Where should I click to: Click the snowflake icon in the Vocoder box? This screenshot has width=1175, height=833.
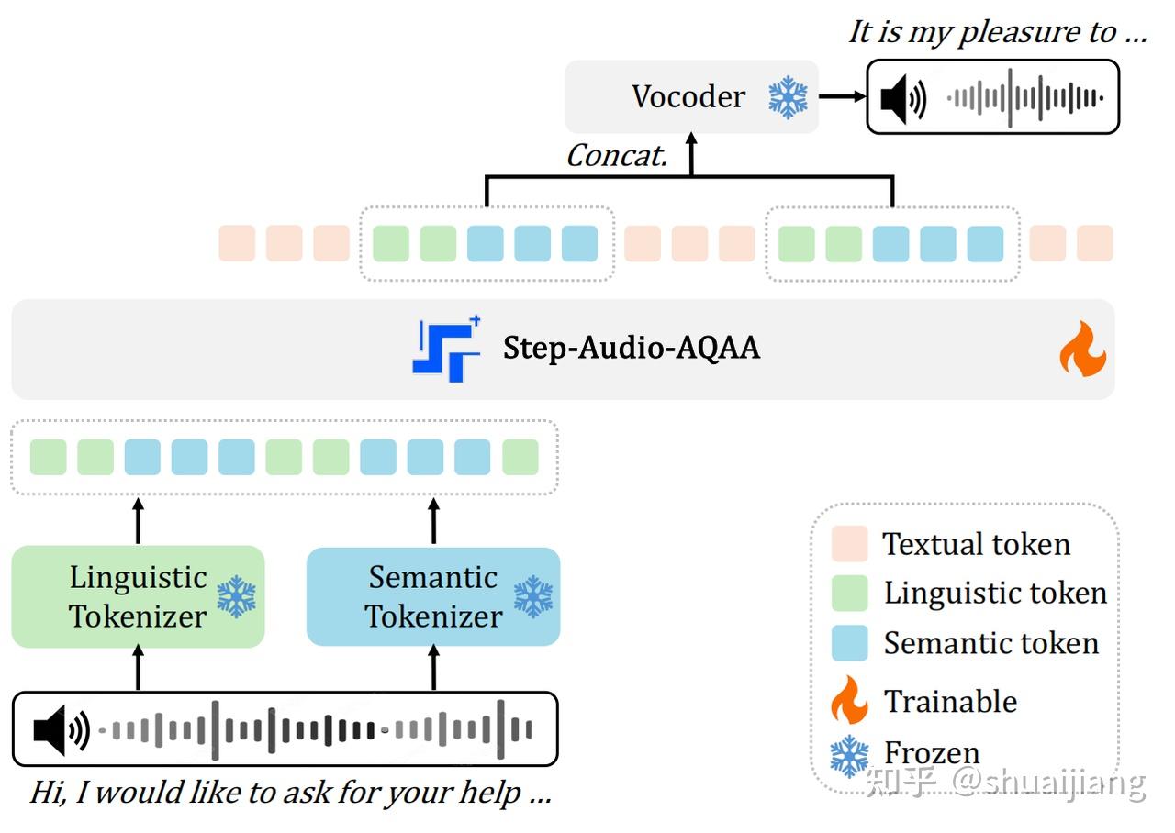(788, 96)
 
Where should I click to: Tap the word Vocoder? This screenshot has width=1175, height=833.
(688, 96)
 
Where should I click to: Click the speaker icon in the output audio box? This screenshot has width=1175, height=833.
(902, 97)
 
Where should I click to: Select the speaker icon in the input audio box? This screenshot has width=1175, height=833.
(61, 730)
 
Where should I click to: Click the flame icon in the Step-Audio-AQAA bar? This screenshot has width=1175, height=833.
(1082, 349)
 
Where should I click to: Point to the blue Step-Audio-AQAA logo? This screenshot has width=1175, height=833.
(447, 349)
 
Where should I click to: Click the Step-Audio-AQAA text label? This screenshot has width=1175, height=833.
(632, 349)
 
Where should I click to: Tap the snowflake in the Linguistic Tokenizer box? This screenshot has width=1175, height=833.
(236, 596)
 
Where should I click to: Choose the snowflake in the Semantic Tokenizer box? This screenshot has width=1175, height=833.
(532, 596)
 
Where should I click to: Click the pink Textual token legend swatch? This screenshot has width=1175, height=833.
(849, 544)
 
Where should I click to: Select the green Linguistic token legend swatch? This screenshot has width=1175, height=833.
(849, 594)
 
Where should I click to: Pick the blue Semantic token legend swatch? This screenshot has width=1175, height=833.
(849, 643)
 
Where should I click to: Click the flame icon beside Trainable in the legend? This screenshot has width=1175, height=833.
(849, 701)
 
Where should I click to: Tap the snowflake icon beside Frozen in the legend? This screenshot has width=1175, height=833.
(849, 755)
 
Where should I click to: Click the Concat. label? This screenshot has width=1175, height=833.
(616, 156)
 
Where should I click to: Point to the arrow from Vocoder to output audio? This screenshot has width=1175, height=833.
(843, 96)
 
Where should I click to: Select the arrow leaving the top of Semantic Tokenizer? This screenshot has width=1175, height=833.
(434, 521)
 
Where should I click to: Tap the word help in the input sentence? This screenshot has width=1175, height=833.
(489, 792)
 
